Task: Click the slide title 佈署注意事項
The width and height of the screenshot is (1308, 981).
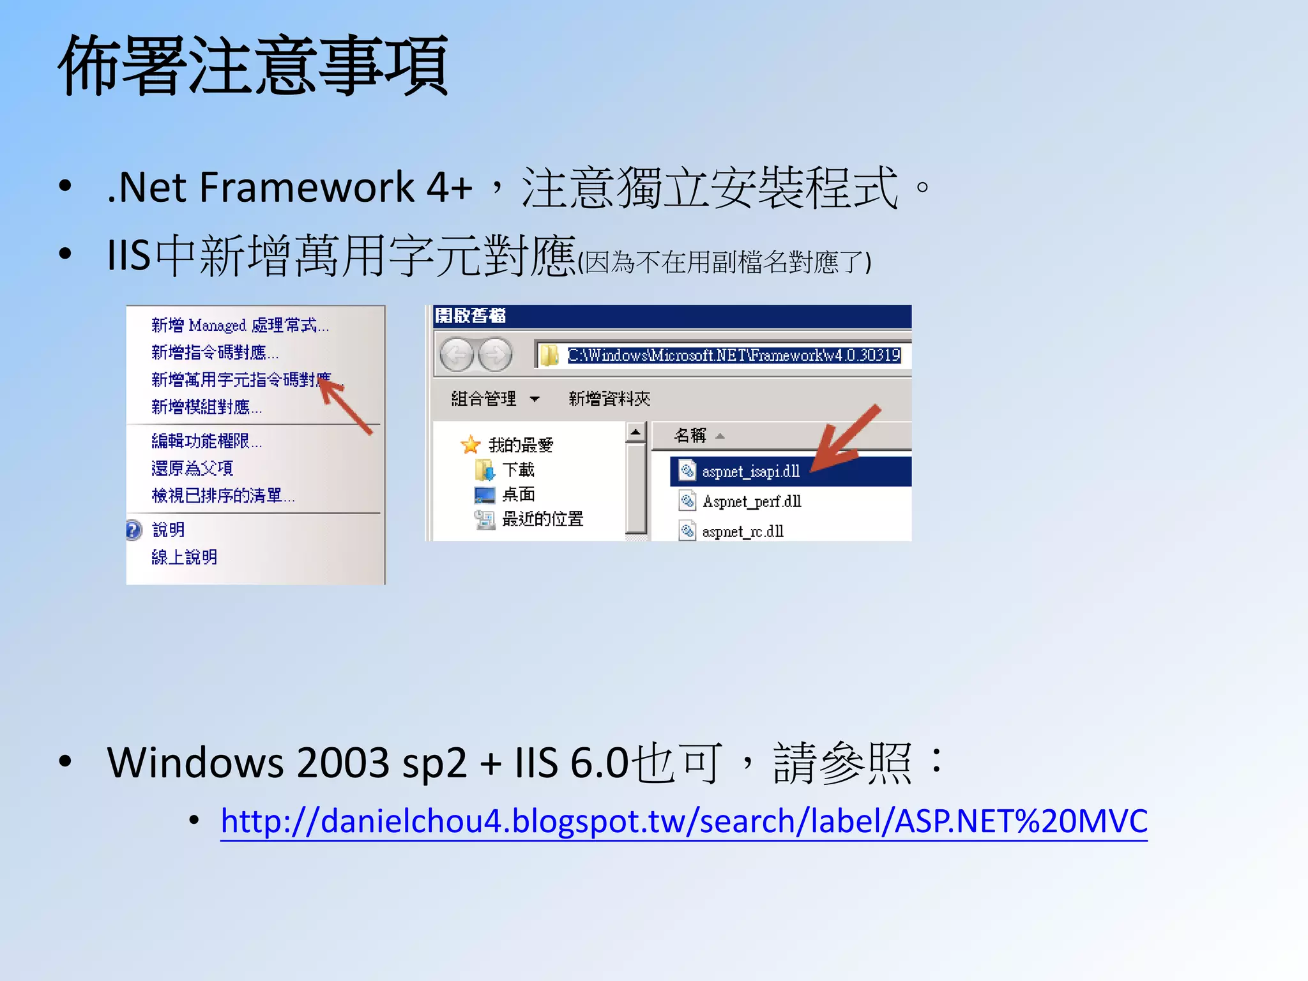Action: [x=253, y=66]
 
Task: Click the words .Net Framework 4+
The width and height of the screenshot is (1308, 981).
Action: [x=289, y=188]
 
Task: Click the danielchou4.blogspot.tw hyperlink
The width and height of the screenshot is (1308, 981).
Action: [x=683, y=821]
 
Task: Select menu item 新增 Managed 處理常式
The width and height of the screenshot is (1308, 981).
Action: [x=240, y=326]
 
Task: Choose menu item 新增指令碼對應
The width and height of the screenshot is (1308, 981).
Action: [x=215, y=353]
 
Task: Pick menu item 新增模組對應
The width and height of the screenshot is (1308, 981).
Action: [x=206, y=407]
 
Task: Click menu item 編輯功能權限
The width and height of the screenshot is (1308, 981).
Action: [x=206, y=441]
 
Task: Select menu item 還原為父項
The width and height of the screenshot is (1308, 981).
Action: [x=192, y=468]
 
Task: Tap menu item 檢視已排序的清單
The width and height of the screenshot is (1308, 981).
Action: [x=223, y=496]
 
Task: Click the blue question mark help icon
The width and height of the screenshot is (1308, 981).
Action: [x=133, y=530]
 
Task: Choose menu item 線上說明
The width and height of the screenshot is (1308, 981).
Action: [x=185, y=558]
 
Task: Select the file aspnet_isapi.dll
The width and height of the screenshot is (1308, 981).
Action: [x=750, y=472]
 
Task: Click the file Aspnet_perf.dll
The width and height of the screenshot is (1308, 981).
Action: [x=752, y=502]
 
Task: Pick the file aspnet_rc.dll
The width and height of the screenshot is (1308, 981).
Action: [x=743, y=531]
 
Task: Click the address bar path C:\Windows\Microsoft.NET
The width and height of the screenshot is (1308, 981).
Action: [x=733, y=355]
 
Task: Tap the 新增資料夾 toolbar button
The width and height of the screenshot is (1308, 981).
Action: [x=609, y=399]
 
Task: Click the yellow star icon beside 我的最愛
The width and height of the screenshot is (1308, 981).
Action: [x=471, y=445]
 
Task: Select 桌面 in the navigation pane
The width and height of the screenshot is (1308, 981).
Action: [x=518, y=494]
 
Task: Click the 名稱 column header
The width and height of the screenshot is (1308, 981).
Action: [x=690, y=436]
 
